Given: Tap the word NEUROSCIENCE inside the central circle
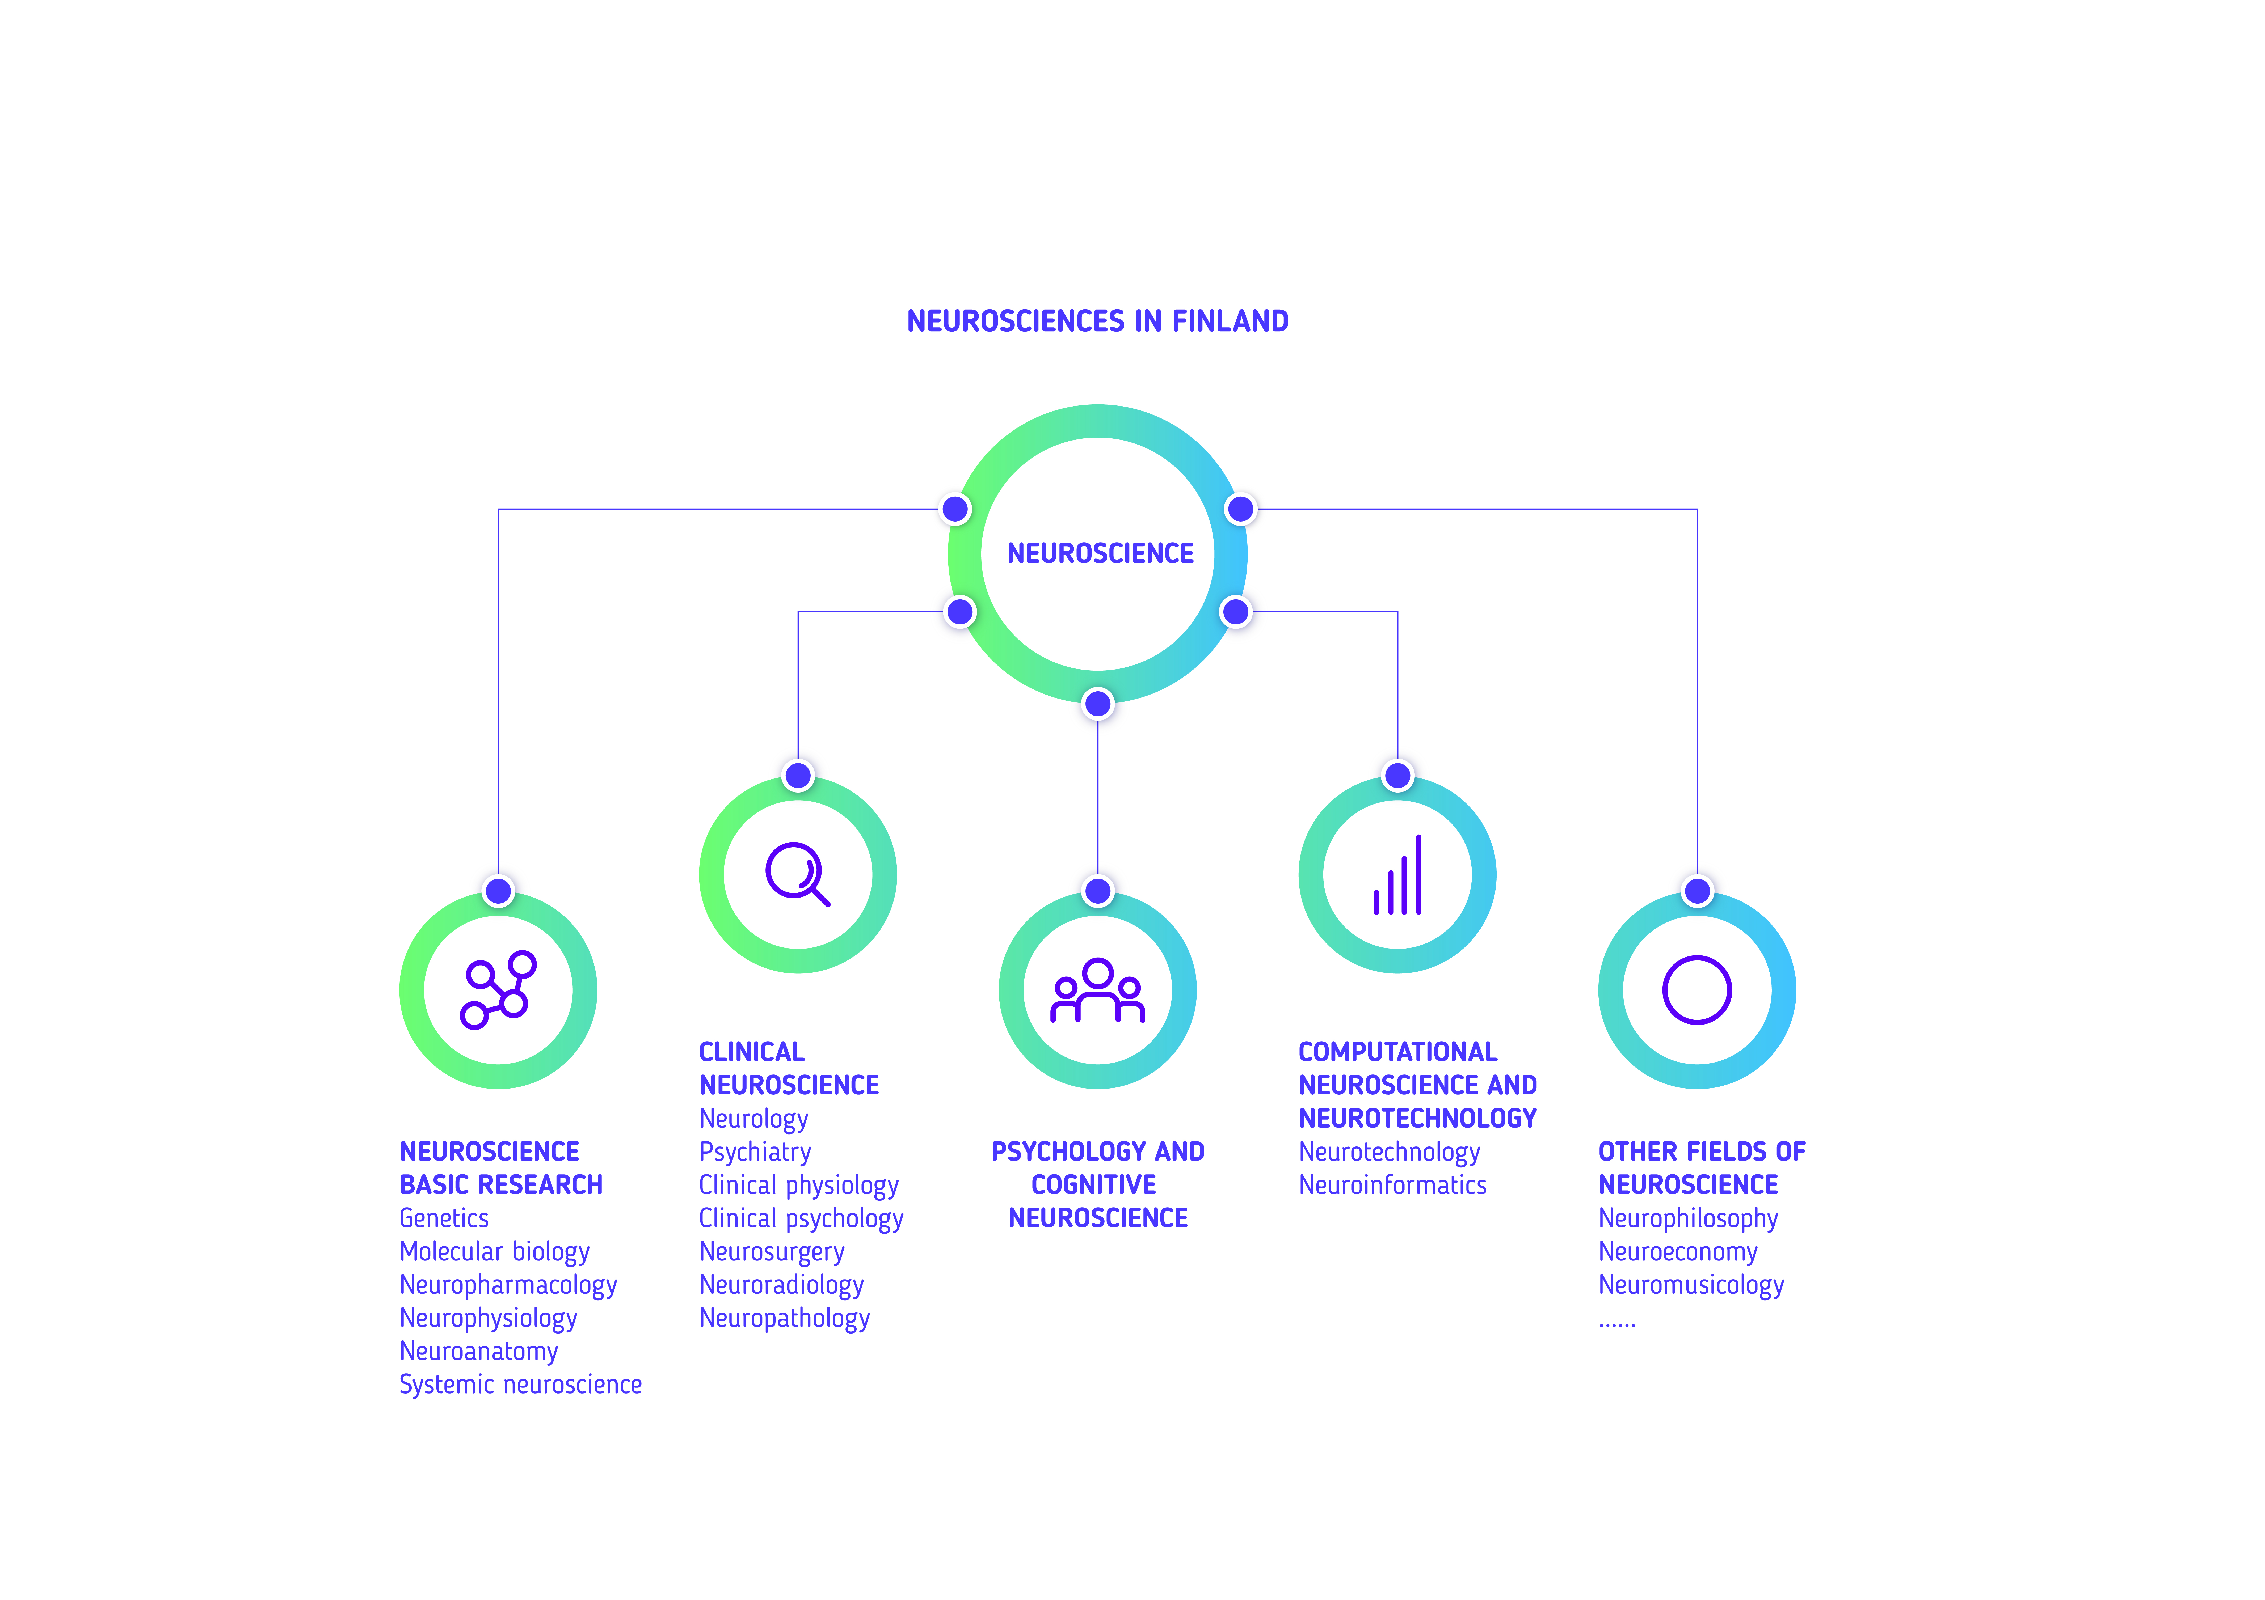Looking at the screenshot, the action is (1100, 553).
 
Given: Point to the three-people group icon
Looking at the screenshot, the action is (1097, 991).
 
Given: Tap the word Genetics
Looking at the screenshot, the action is (444, 1218).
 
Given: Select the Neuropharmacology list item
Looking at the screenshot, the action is (508, 1285).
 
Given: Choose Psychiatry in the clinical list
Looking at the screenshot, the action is (755, 1152).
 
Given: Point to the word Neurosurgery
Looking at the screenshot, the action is (772, 1252).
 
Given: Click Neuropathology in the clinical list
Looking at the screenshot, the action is (784, 1319).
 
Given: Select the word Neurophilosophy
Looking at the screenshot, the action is (1688, 1219).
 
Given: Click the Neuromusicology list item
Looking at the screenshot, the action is (1691, 1285).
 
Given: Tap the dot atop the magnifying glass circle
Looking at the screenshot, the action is (798, 775).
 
